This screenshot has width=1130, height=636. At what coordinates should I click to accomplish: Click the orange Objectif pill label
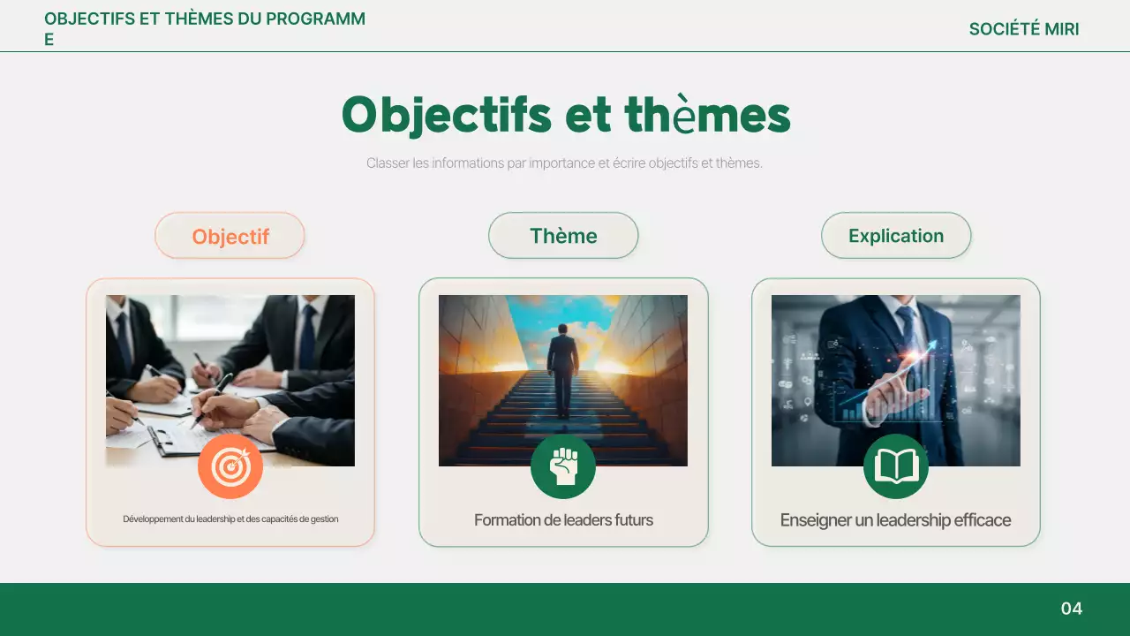[230, 236]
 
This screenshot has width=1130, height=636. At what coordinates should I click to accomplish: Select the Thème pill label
[563, 236]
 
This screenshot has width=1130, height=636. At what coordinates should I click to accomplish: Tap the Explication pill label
[896, 236]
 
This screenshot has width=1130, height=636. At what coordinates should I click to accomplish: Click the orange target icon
[230, 466]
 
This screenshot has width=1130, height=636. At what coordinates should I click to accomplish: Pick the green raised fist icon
[563, 466]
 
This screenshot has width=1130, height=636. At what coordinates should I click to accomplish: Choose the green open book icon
[896, 466]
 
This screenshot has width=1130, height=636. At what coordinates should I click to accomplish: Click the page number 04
[1071, 609]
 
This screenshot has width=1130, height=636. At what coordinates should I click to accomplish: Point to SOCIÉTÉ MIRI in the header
[1024, 29]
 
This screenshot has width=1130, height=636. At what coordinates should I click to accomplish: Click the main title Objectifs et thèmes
[565, 116]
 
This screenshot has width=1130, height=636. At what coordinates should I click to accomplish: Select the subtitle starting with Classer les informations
[564, 163]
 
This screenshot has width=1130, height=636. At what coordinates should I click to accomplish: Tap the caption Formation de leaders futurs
[563, 520]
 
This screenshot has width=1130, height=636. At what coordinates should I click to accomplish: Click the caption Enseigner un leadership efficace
[895, 520]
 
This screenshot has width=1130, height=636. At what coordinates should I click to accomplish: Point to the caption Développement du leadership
[230, 519]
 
